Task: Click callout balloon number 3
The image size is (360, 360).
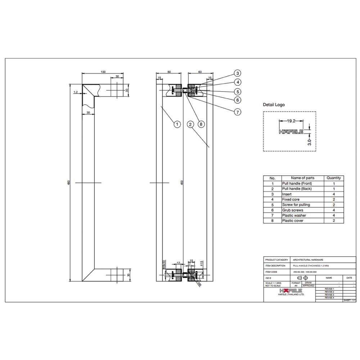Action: (x=238, y=73)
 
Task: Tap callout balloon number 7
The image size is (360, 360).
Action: (x=238, y=112)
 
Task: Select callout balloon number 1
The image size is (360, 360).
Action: (x=177, y=124)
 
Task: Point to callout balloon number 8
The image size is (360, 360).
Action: (x=201, y=124)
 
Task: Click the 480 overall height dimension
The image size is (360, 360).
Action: (x=68, y=183)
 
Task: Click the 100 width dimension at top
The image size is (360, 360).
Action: (x=103, y=72)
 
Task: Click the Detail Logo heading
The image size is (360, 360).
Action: (x=274, y=105)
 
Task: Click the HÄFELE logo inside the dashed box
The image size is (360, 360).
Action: (x=291, y=132)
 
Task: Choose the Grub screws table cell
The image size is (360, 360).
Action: (x=293, y=210)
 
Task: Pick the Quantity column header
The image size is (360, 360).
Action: (x=334, y=178)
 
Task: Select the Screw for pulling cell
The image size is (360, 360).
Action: (x=296, y=204)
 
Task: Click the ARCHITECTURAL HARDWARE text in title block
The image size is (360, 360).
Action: (x=308, y=260)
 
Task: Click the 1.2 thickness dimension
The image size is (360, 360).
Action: (x=76, y=93)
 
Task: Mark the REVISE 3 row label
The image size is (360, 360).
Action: (x=329, y=295)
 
